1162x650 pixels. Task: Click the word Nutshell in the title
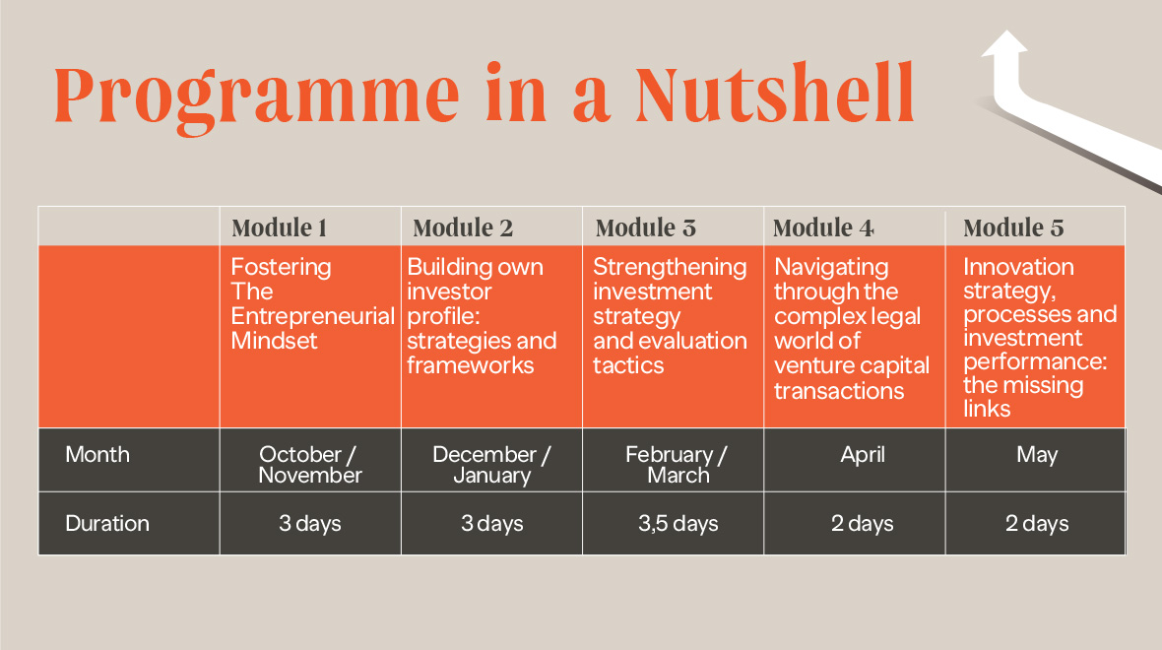(x=775, y=95)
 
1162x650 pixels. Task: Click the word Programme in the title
(x=256, y=98)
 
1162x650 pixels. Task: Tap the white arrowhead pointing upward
(x=1004, y=44)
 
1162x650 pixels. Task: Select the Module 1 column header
(x=280, y=227)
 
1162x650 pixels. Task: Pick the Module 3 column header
(x=645, y=227)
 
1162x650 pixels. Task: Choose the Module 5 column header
(x=1013, y=227)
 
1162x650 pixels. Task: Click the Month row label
(x=97, y=454)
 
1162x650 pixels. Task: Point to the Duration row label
(x=107, y=523)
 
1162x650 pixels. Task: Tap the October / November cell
(x=310, y=464)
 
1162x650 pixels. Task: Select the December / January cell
(x=491, y=464)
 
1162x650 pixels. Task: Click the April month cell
(x=863, y=454)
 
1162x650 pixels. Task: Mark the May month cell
(x=1037, y=454)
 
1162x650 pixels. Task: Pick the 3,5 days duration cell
(x=678, y=523)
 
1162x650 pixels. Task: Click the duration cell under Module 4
(x=862, y=523)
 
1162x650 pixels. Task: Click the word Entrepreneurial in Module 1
(x=313, y=316)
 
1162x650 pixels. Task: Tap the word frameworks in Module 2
(x=470, y=365)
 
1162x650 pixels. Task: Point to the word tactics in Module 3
(x=628, y=365)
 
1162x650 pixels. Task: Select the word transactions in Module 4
(x=839, y=391)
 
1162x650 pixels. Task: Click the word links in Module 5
(x=987, y=409)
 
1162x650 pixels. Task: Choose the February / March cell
(x=677, y=464)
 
